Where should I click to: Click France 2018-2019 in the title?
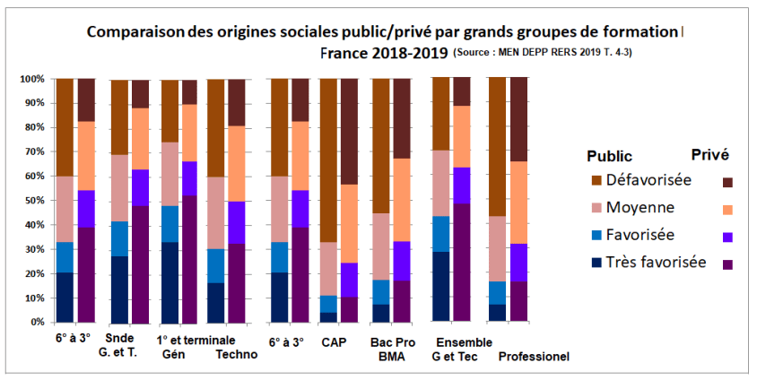pos(384,52)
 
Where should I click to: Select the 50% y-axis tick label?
pos(35,200)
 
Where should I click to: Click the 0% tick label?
pos(38,321)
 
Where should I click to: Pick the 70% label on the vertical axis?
pos(35,151)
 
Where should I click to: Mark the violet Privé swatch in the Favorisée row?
pos(727,237)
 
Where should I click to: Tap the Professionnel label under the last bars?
pos(534,356)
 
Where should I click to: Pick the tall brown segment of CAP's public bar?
pos(328,160)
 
